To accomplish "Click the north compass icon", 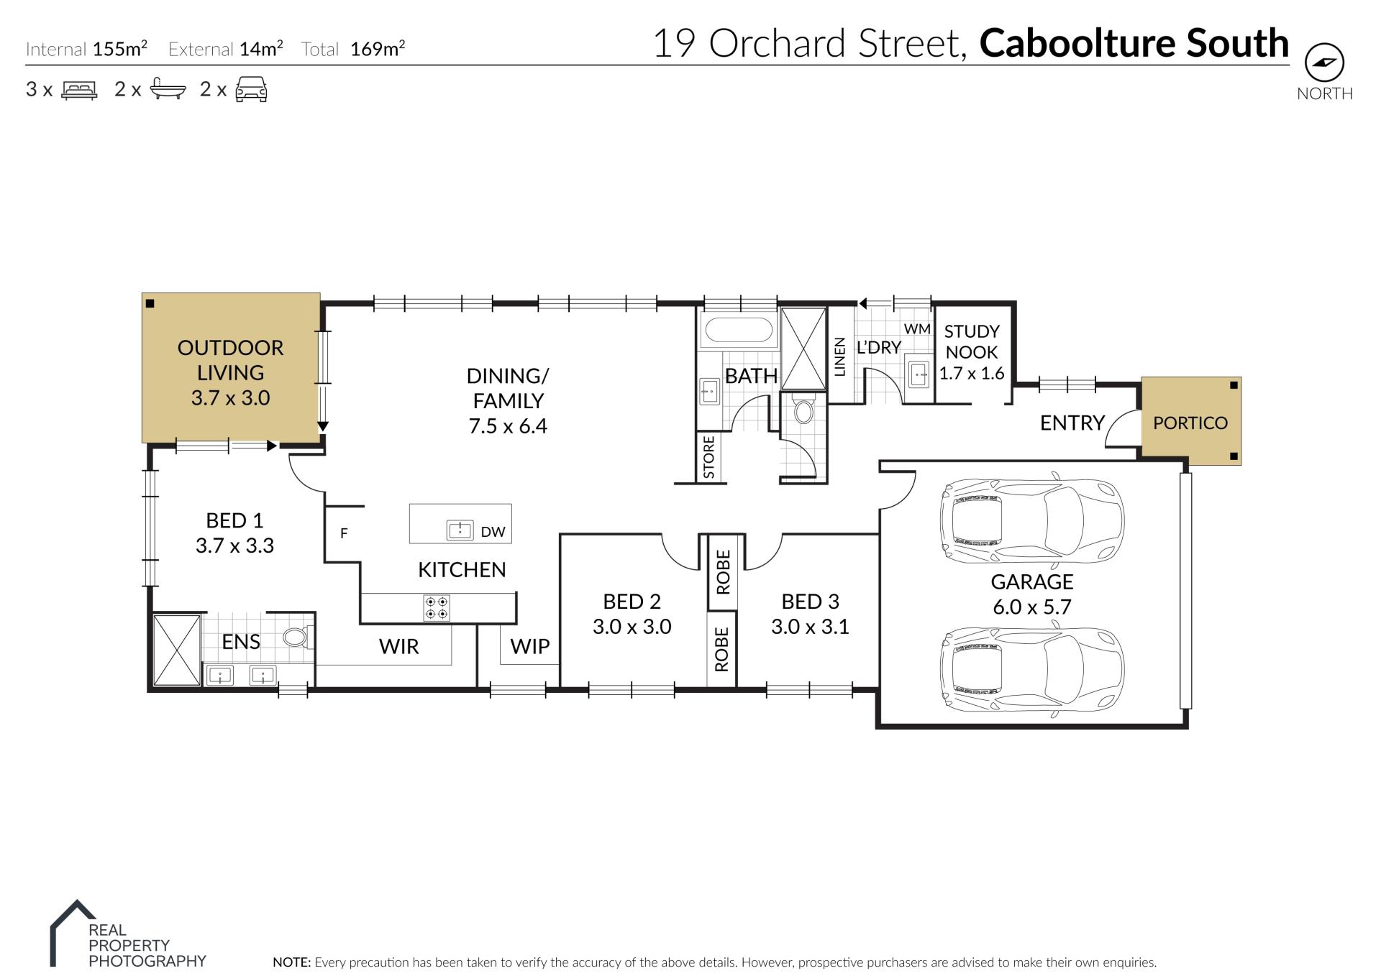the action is click(1324, 63).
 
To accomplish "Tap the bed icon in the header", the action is click(79, 91).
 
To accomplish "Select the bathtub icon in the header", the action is click(168, 89).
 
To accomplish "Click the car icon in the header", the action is click(252, 90).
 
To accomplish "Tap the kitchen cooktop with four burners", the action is click(437, 608).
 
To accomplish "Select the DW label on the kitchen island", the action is click(493, 533).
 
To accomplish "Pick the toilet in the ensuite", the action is click(296, 637).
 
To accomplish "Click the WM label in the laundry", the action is click(917, 329).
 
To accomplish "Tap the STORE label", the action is click(709, 456).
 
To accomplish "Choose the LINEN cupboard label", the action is click(839, 356).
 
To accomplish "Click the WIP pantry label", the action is click(530, 647).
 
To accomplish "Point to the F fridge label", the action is click(344, 533).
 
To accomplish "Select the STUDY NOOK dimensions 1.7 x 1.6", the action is click(972, 373).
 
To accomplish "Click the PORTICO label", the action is click(1190, 423).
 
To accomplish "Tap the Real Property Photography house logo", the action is click(73, 933).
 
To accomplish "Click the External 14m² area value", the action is click(261, 48).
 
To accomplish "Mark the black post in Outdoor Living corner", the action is click(150, 303).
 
